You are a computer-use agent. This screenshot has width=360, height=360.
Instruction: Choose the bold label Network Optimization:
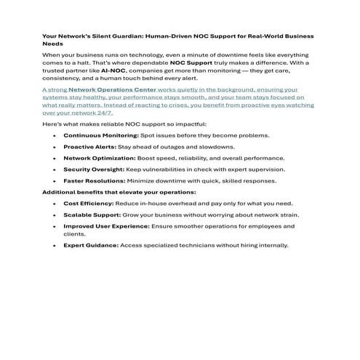point(99,157)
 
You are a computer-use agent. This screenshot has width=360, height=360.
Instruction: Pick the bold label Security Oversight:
point(93,168)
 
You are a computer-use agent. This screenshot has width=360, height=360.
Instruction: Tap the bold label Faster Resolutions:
point(93,180)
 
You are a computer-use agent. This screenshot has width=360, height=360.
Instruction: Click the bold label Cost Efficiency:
point(89,204)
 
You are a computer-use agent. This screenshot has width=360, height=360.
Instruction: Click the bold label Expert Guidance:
point(90,245)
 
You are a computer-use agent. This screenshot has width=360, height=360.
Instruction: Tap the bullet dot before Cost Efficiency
point(55,204)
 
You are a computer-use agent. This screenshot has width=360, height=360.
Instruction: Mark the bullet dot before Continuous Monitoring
point(55,135)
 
